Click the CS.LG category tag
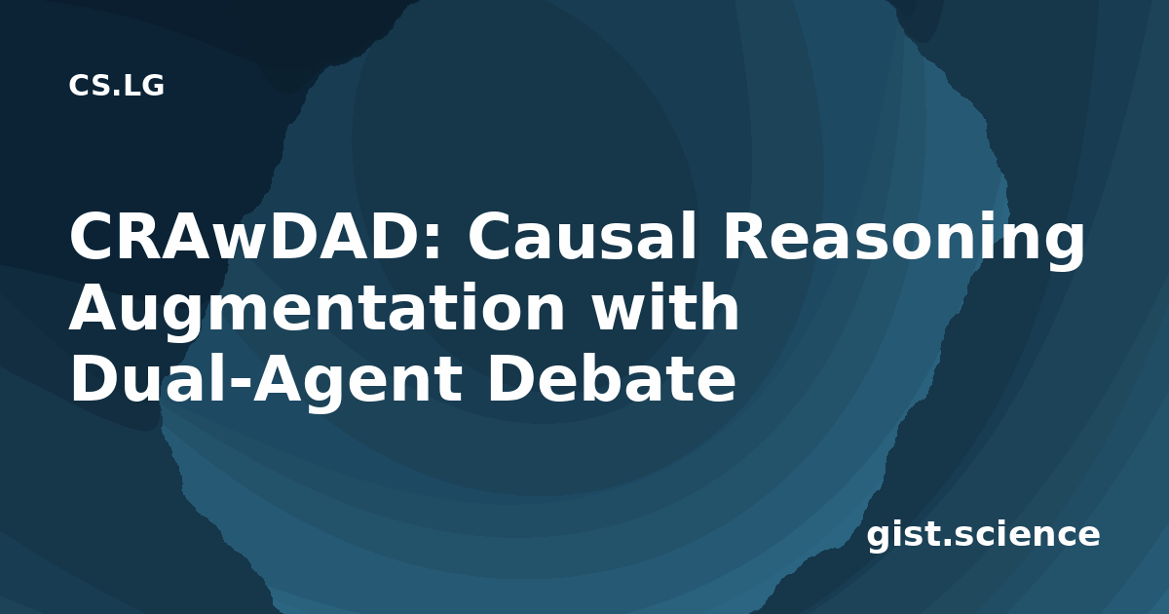coord(116,86)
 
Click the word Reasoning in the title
coord(904,240)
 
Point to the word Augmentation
coord(317,312)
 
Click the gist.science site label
coord(983,535)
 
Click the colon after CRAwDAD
coord(435,242)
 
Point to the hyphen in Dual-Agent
coord(238,384)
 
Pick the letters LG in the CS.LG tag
coord(143,86)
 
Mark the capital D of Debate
coord(510,377)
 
